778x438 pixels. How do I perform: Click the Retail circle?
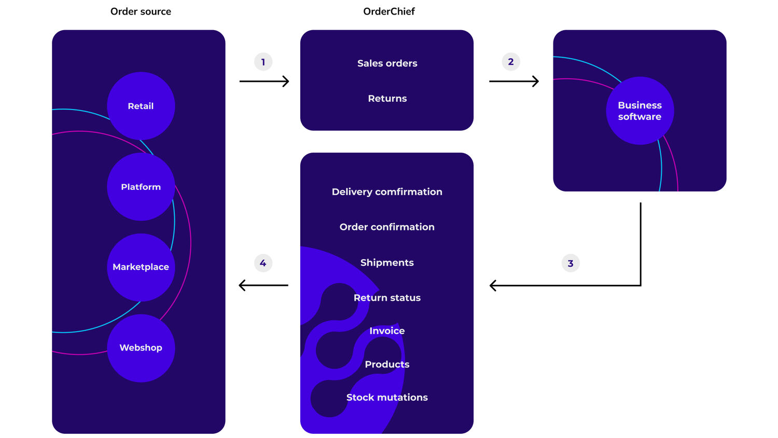tap(141, 106)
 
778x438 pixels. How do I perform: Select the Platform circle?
tap(141, 187)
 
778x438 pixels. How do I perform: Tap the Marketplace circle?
tap(141, 267)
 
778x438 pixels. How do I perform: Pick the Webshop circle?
tap(141, 348)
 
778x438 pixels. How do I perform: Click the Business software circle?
tap(640, 111)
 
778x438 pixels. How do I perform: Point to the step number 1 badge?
tap(263, 62)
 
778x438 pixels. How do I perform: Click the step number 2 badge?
tap(511, 62)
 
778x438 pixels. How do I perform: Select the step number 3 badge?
tap(571, 263)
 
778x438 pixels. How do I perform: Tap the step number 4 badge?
tap(263, 263)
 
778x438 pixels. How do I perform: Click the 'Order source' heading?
tap(141, 11)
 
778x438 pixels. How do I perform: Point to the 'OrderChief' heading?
tap(389, 11)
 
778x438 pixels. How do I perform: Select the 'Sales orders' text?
tap(387, 63)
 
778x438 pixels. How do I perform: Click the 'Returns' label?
tap(387, 99)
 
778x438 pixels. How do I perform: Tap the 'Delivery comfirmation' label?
tap(387, 192)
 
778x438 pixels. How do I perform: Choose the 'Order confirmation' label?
tap(387, 227)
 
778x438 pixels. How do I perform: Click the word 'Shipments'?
tap(387, 263)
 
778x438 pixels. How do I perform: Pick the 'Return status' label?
tap(387, 298)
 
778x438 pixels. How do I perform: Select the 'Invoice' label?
tap(387, 331)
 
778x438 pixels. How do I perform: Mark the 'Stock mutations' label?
tap(387, 398)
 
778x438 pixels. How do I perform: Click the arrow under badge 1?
tap(264, 81)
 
